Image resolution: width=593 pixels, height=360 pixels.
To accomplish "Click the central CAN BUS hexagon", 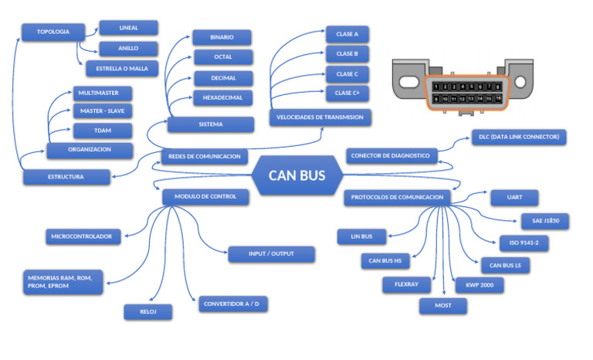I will (296, 175).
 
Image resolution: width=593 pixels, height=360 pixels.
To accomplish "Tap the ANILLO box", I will (128, 48).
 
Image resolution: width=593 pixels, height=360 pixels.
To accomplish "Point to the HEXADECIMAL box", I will (222, 98).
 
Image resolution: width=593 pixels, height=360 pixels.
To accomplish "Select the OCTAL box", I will (222, 57).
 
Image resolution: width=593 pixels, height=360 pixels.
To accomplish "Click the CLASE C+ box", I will (347, 93).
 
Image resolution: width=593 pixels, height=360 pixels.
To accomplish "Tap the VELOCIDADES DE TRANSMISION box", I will (320, 117).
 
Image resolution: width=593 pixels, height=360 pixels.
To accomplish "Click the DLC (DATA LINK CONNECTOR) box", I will (520, 137).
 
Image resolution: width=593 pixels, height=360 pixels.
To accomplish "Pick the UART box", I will (514, 197).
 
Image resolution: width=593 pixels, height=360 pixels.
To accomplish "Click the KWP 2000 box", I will (479, 285).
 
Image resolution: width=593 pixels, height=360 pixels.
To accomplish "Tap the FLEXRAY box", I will (406, 284).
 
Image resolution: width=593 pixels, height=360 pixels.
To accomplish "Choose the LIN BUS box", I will (361, 236).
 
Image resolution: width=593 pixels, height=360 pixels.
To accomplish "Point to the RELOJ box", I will (147, 311).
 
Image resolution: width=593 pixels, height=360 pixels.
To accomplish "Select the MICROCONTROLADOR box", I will (82, 236).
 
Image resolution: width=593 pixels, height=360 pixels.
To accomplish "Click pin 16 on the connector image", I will (498, 99).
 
